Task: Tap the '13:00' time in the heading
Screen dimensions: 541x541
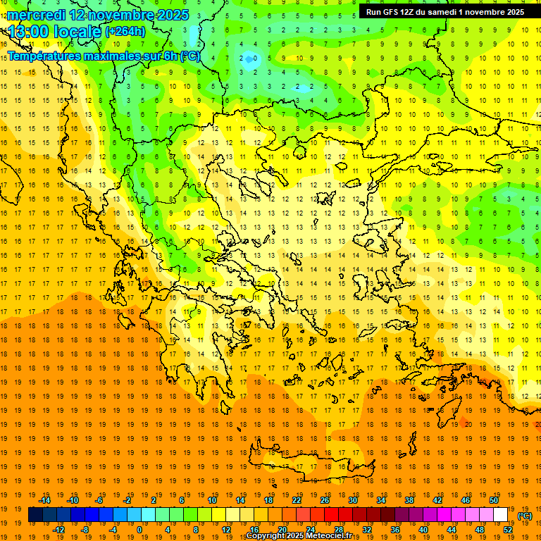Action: tap(30, 32)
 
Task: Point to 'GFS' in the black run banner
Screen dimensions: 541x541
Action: tap(391, 12)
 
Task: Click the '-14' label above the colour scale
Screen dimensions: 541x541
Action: tap(44, 500)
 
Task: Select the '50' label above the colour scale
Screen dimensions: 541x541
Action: tap(493, 500)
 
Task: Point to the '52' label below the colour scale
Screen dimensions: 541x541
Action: tap(508, 530)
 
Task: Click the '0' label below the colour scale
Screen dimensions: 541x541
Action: tap(139, 530)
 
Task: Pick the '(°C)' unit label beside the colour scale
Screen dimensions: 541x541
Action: tap(525, 516)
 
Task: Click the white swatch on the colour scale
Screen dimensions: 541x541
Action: tap(500, 515)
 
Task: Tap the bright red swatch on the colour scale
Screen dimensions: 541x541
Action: tap(331, 515)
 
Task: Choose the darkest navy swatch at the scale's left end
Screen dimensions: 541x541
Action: tap(35, 515)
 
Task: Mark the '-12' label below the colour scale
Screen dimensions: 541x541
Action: tap(58, 530)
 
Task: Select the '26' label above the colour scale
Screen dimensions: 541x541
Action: tap(325, 500)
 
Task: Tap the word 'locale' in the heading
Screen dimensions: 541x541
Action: tap(77, 32)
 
